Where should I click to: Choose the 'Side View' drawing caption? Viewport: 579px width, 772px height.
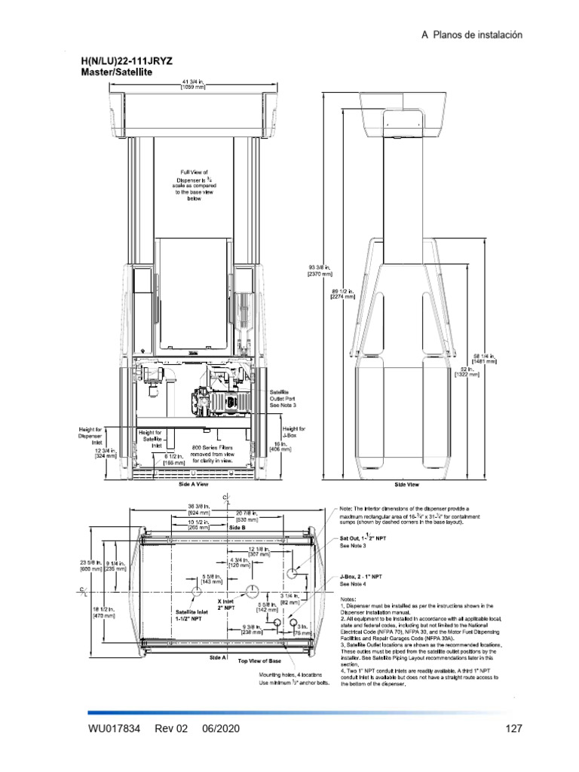tap(406, 485)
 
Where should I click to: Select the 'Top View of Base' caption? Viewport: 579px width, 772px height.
tap(256, 660)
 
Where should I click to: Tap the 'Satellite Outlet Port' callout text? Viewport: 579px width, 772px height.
tap(284, 399)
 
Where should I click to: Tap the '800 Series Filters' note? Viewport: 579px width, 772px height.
tap(218, 451)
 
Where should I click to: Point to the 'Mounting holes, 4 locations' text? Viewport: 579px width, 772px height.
tap(290, 675)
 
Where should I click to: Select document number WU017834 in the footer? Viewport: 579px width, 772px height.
tap(115, 729)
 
